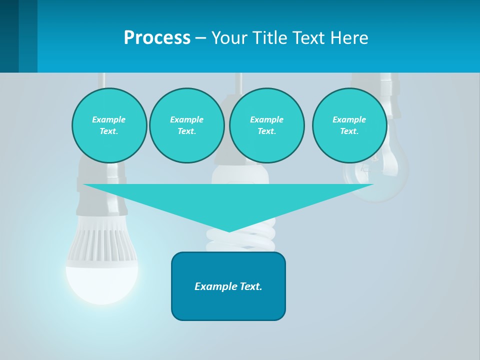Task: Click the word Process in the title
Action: tap(157, 38)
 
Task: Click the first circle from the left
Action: tap(109, 125)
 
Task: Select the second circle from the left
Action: tap(187, 125)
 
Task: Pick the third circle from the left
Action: tap(267, 125)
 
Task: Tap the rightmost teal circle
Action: tap(349, 125)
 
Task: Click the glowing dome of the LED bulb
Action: tap(102, 282)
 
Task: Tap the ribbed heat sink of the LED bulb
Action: tap(101, 245)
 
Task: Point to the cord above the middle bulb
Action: tap(239, 80)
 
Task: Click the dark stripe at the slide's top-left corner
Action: tap(9, 36)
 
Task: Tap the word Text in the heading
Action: tap(307, 38)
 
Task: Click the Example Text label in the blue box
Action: tap(228, 286)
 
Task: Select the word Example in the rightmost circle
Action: tap(349, 119)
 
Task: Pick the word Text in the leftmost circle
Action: tap(108, 131)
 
